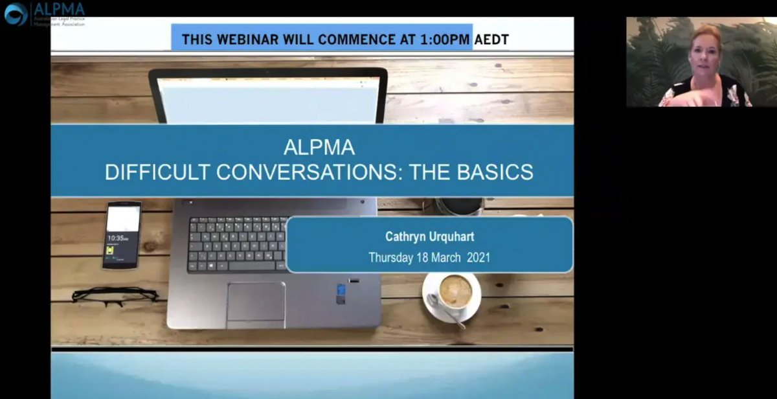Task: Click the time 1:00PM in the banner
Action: tap(445, 40)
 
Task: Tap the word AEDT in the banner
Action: tap(491, 40)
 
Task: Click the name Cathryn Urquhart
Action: tap(429, 237)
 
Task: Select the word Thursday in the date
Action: tap(390, 257)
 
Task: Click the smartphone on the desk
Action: tap(122, 234)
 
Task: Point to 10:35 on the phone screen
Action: tap(117, 238)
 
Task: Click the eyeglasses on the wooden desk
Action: tap(115, 296)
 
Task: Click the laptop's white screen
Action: tap(269, 100)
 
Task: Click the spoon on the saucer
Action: tap(446, 310)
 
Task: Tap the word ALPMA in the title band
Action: tap(319, 148)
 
